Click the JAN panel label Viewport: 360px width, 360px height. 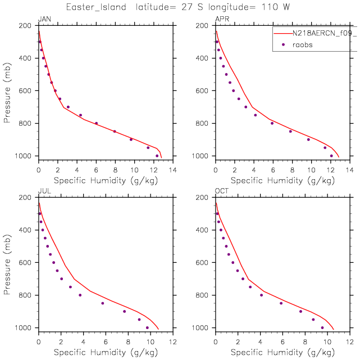coord(43,19)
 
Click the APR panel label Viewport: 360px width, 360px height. coord(222,19)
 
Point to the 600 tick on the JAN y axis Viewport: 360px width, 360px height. coord(26,91)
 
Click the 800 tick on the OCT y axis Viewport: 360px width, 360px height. coord(204,295)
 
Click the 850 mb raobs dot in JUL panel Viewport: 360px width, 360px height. coord(102,303)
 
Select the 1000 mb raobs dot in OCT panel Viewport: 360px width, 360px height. coord(322,328)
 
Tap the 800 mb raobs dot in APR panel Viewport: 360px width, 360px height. coord(272,124)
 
